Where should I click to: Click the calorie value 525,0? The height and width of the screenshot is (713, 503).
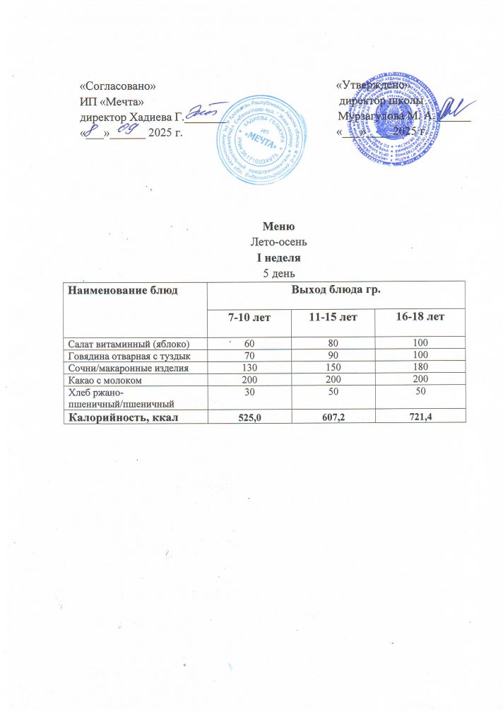click(250, 417)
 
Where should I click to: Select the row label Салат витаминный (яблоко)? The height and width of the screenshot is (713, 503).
click(127, 343)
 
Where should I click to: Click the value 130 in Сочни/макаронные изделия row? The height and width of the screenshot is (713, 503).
click(250, 368)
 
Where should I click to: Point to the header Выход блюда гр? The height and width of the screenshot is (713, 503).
click(336, 290)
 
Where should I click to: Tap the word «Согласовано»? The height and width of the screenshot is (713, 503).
click(117, 86)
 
